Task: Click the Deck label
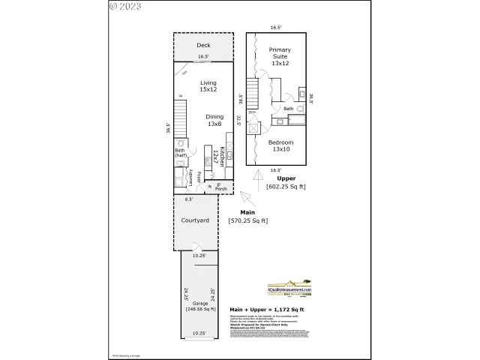pos(204,46)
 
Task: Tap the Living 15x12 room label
pos(208,85)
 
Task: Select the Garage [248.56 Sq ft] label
pos(200,306)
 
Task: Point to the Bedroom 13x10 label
pos(281,145)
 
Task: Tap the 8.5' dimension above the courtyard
pos(189,199)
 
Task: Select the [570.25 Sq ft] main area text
pos(247,220)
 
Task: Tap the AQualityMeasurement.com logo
pos(289,290)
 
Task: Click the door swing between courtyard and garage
pos(194,247)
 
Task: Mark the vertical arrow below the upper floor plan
pos(259,181)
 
